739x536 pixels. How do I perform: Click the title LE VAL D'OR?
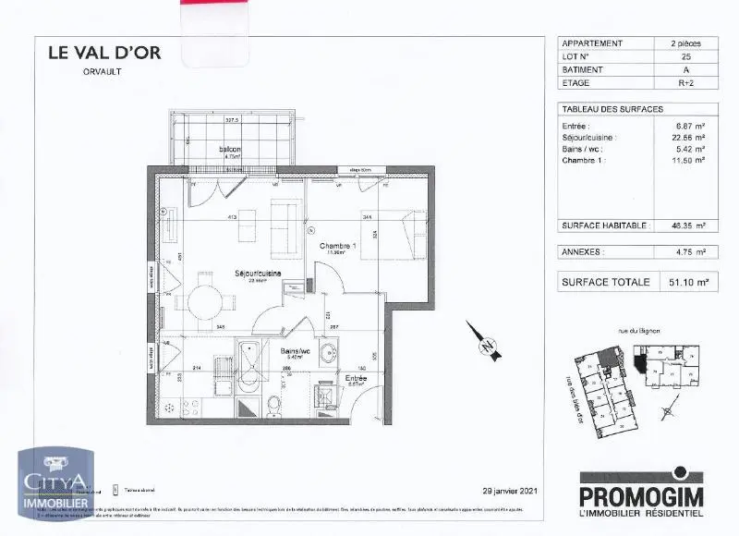[104, 53]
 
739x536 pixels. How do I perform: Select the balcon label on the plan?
[230, 150]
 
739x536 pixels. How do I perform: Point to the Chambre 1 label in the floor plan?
[337, 247]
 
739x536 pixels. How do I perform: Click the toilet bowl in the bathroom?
[274, 404]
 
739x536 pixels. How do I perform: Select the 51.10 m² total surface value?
[684, 283]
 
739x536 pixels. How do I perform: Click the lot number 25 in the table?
[684, 56]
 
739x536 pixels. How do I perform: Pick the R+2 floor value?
[684, 82]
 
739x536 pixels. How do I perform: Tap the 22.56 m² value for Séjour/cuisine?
[687, 137]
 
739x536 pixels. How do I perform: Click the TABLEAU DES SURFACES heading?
[612, 109]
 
